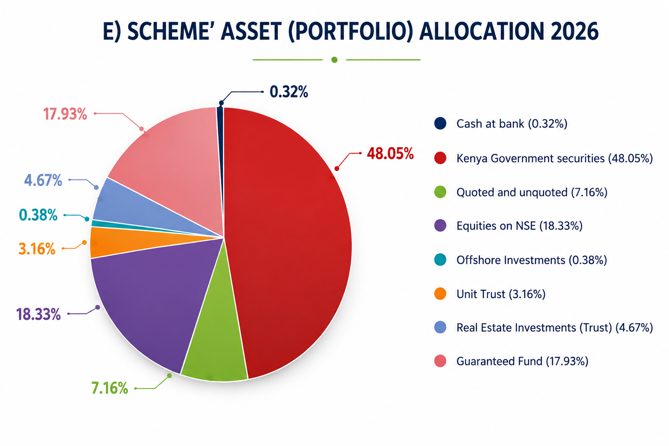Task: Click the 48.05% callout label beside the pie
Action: (390, 154)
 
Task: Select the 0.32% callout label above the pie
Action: (289, 92)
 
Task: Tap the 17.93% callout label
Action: (65, 114)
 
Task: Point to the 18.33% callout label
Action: (38, 314)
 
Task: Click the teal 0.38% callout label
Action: (38, 215)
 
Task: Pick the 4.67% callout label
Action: (43, 180)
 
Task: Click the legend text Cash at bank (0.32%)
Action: (512, 124)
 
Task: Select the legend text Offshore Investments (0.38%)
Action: (532, 260)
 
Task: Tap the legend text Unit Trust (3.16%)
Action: (501, 294)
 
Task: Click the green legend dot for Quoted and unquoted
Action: (440, 192)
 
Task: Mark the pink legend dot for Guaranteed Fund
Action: (440, 361)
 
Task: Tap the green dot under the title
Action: (334, 60)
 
